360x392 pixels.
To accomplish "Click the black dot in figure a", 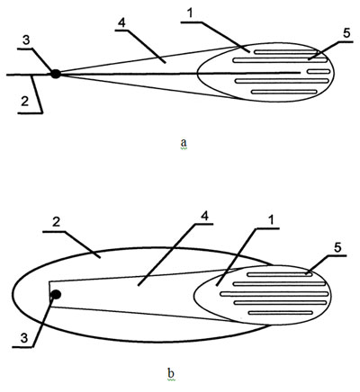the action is coord(56,74).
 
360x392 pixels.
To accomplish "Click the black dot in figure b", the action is coord(56,295).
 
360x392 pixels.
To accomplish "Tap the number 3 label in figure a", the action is coord(26,40).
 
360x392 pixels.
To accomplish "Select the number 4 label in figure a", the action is coord(121,23).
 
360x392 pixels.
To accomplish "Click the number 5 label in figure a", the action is coord(346,33).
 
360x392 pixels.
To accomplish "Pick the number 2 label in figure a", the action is coord(24,102).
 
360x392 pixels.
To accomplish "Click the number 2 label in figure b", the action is coord(56,222).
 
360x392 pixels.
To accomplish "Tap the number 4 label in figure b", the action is coord(204,217).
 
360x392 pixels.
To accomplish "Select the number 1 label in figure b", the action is coord(270,220).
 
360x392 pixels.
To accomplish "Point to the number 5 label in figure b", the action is coord(337,247).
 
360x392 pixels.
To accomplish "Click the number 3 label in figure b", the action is coord(24,338).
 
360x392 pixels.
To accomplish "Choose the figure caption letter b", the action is coord(171,374).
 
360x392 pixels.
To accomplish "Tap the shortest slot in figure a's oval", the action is coord(319,72).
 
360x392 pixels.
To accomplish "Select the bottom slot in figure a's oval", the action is coord(284,92).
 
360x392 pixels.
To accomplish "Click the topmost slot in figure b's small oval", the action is coord(279,274).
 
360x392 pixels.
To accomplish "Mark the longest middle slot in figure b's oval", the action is coord(274,294).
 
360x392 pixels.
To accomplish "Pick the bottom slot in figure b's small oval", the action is coord(281,313).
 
